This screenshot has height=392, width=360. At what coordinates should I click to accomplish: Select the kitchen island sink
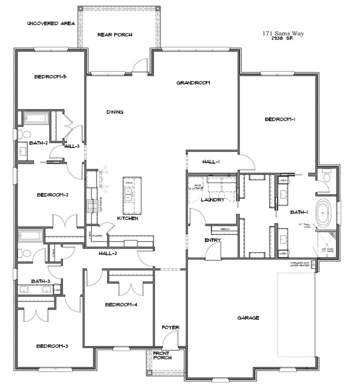[128, 191]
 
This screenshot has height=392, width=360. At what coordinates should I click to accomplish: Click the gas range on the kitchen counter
[91, 205]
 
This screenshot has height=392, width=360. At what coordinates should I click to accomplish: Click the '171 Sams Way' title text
[283, 33]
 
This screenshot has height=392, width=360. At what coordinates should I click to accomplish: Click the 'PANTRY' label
[97, 236]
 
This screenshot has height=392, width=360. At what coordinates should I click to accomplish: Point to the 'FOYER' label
[170, 327]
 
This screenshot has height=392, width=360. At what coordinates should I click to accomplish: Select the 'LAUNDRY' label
[211, 199]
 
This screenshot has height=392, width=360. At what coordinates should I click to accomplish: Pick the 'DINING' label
[114, 112]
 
